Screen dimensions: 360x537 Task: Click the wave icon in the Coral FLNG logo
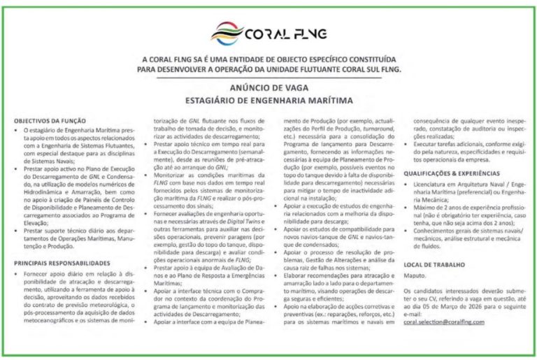click(x=227, y=32)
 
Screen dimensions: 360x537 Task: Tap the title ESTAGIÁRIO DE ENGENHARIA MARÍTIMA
click(x=268, y=100)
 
